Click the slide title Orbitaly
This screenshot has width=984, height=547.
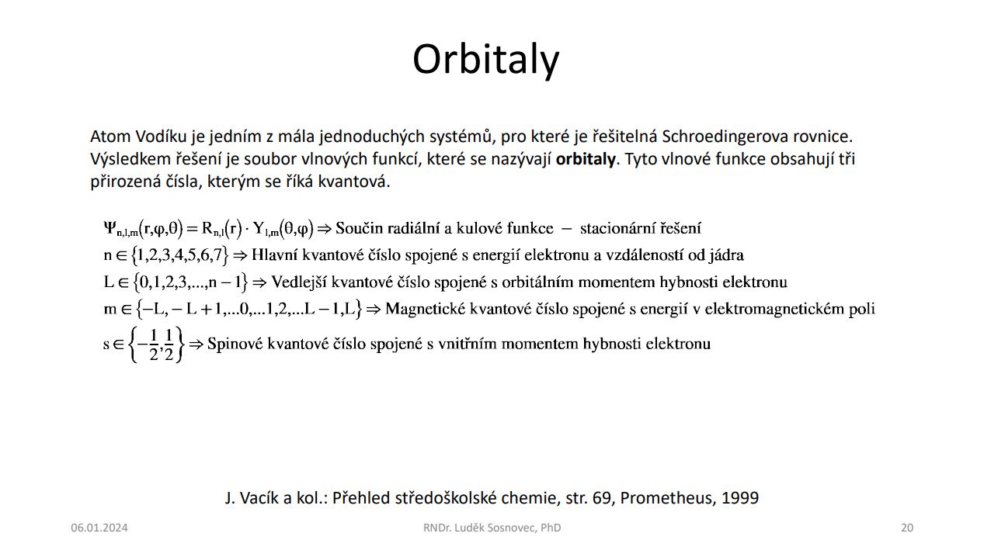click(x=486, y=61)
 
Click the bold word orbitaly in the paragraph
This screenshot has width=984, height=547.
click(x=586, y=159)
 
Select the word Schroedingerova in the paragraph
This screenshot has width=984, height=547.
click(x=725, y=137)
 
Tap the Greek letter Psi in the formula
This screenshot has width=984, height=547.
click(x=110, y=227)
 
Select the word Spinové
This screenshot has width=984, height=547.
click(x=235, y=343)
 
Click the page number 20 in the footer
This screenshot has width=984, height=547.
click(x=907, y=528)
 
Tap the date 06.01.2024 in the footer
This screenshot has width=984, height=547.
click(x=99, y=528)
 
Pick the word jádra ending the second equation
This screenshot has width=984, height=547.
click(x=726, y=255)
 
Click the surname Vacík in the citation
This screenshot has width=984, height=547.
click(x=257, y=498)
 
